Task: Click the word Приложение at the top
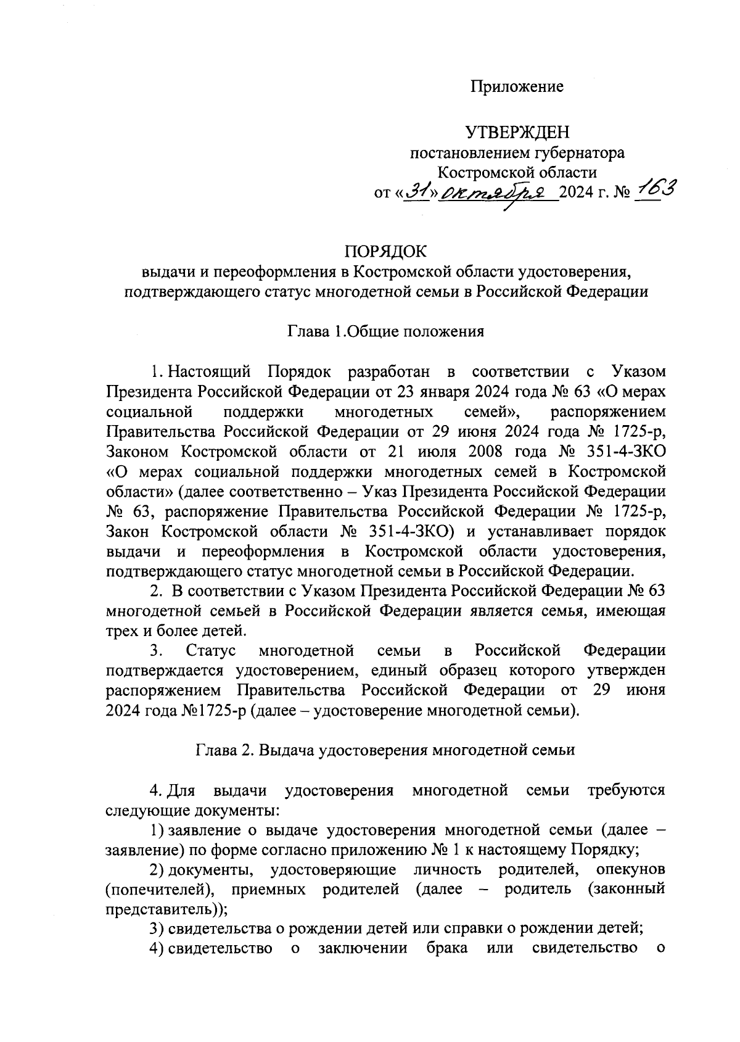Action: pyautogui.click(x=517, y=87)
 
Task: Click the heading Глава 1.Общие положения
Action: pyautogui.click(x=385, y=331)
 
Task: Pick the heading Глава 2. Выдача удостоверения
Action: pyautogui.click(x=385, y=750)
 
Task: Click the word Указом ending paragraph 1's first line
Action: pyautogui.click(x=638, y=372)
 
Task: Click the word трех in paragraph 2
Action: pyautogui.click(x=120, y=631)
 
